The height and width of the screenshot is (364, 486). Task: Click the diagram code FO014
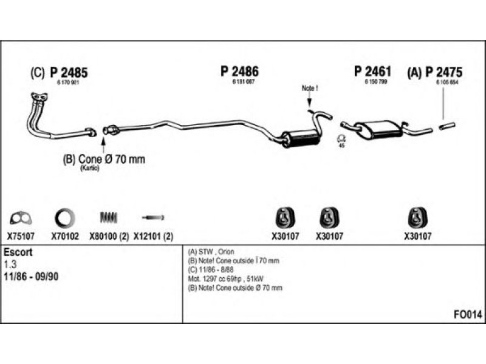pyautogui.click(x=468, y=315)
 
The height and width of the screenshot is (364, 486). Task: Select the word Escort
pyautogui.click(x=18, y=252)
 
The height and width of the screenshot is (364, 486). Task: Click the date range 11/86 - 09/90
pyautogui.click(x=32, y=276)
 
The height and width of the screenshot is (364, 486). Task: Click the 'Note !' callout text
pyautogui.click(x=309, y=89)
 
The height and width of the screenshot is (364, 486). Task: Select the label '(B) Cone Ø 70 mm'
pyautogui.click(x=104, y=160)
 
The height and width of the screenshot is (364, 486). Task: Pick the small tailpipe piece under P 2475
pyautogui.click(x=447, y=126)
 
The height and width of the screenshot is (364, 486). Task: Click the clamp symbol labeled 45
pyautogui.click(x=340, y=139)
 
